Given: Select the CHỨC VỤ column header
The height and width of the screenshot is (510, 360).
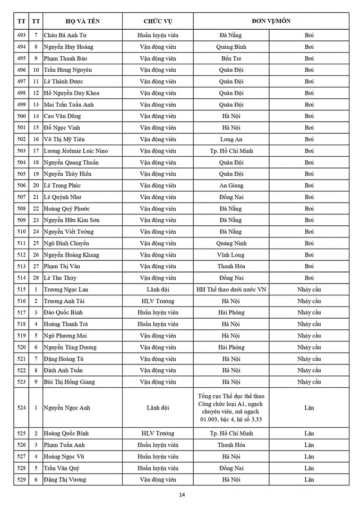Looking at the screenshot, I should click(158, 21).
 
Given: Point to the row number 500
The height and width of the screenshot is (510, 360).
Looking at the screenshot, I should click(21, 116).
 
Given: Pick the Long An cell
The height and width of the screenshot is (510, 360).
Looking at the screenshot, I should click(231, 139).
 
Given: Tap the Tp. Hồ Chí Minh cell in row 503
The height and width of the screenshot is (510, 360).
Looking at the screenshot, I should click(231, 151).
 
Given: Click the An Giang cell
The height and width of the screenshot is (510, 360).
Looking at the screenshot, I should click(231, 185).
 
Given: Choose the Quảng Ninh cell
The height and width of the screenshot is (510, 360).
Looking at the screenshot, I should click(231, 243).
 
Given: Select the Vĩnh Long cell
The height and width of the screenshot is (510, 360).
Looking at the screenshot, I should click(231, 255).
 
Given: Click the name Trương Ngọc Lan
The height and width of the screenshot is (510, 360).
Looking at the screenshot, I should click(66, 290).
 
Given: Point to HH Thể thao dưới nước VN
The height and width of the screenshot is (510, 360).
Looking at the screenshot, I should click(231, 290).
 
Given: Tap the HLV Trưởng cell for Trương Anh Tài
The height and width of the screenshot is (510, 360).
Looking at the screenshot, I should click(158, 301).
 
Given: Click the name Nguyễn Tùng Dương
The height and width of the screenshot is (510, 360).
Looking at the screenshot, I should click(70, 347).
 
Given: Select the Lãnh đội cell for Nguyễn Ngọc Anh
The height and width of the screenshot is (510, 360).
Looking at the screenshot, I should click(158, 407).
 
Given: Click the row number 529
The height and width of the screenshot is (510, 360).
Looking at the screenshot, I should click(21, 479).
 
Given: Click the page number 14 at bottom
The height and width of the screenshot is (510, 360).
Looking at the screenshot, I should click(182, 495).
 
